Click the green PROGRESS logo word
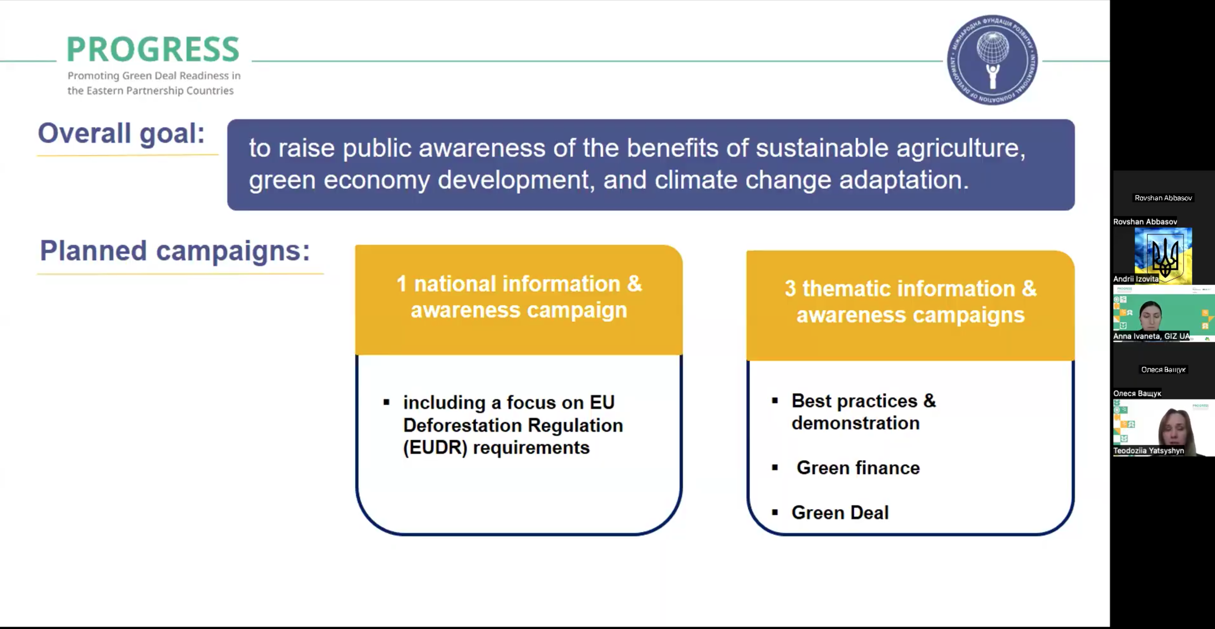[x=153, y=49]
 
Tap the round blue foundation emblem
[x=992, y=60]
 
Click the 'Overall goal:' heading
[x=121, y=134]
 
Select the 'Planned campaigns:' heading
[x=175, y=250]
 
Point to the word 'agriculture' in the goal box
[x=961, y=149]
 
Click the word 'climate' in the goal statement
[x=696, y=180]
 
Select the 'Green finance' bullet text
[x=858, y=468]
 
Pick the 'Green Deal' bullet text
[x=840, y=512]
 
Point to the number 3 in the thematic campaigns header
[x=790, y=289]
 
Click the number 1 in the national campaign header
[x=401, y=284]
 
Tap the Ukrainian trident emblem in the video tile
[x=1165, y=256]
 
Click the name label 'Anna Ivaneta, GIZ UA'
[x=1151, y=337]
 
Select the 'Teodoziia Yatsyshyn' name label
[x=1148, y=451]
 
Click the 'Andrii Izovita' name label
[x=1136, y=279]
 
